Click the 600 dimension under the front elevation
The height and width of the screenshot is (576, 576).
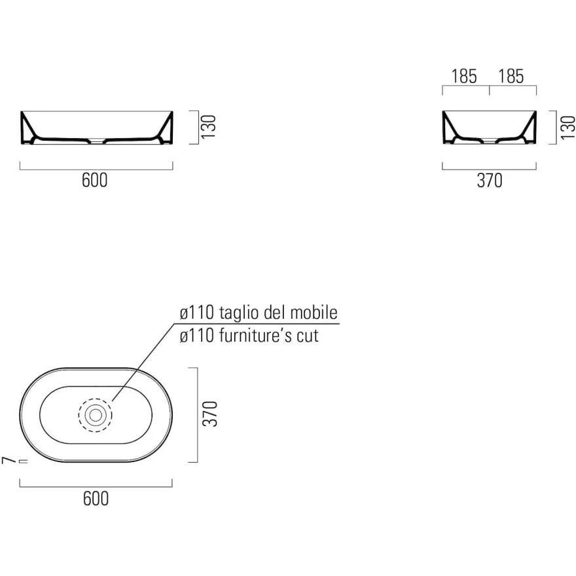coord(95,180)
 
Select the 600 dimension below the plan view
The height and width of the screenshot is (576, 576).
coord(96,499)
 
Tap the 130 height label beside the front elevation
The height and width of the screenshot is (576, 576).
coord(208,127)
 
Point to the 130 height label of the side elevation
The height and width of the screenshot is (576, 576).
coord(568,128)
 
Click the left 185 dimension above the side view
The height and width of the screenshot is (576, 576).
coord(464,76)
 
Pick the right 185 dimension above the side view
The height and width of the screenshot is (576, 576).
coord(511,76)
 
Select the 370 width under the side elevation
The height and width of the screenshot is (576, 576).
coord(490,181)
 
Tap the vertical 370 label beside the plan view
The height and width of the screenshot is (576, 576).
coord(210,414)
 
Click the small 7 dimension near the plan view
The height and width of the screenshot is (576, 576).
coord(9,460)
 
